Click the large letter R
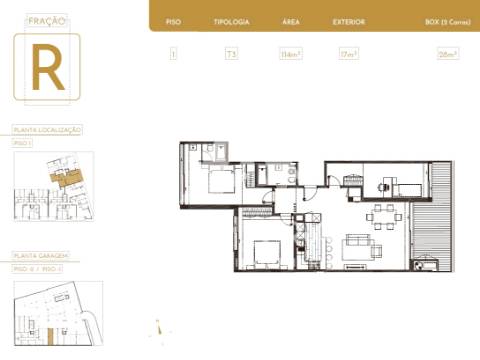pos(47,68)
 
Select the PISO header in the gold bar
pos(173,21)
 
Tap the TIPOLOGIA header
pos(231,21)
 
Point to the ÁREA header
pos(291,21)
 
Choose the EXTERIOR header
pos(349,21)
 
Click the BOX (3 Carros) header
pos(446,21)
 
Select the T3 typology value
pos(231,54)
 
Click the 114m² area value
pos(291,54)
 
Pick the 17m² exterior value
pos(349,54)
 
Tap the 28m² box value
pos(447,54)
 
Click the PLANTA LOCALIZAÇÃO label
pos(47,130)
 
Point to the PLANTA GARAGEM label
pos(41,256)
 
